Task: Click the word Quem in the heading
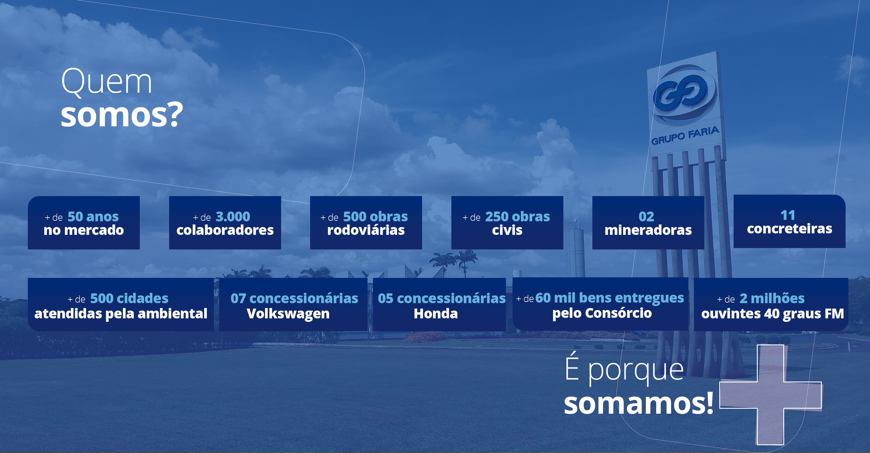point(107,82)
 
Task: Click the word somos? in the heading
point(121,115)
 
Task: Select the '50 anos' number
point(93,216)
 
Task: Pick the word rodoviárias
point(366,230)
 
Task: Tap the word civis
point(507,230)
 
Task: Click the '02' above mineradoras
point(646,216)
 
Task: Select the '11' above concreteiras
point(788,215)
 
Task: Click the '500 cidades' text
point(129,298)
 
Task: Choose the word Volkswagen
point(288,313)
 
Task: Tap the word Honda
point(436,313)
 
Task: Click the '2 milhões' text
point(772,298)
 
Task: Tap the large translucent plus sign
point(770,395)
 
